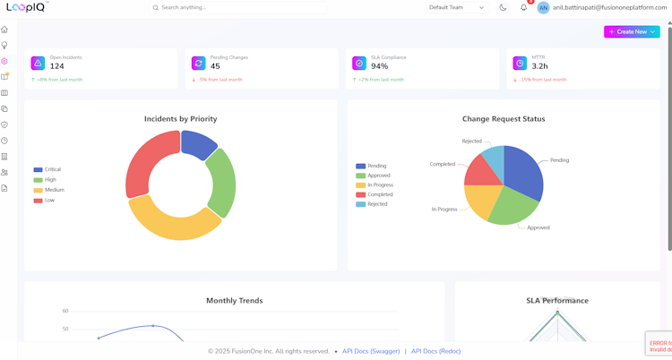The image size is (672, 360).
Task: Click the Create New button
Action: click(x=632, y=31)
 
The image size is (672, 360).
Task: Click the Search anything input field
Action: click(x=237, y=7)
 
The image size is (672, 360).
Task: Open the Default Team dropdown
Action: click(x=456, y=7)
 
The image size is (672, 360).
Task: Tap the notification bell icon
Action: click(x=524, y=7)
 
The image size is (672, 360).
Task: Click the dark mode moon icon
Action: click(x=503, y=7)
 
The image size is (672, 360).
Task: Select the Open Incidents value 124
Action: click(x=57, y=66)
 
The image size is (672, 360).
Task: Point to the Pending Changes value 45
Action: click(x=216, y=66)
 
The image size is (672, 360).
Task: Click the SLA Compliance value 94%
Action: click(x=380, y=66)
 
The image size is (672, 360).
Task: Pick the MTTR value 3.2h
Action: click(x=539, y=66)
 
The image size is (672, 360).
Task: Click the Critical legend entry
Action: click(x=53, y=169)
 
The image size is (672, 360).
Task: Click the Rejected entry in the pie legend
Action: click(x=377, y=204)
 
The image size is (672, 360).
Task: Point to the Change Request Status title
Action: click(x=504, y=119)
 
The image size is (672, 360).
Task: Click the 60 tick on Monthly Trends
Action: click(x=65, y=311)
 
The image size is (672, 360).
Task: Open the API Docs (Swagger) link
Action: click(x=371, y=351)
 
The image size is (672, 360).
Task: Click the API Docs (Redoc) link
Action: click(x=435, y=351)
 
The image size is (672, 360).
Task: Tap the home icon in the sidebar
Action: click(x=4, y=30)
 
